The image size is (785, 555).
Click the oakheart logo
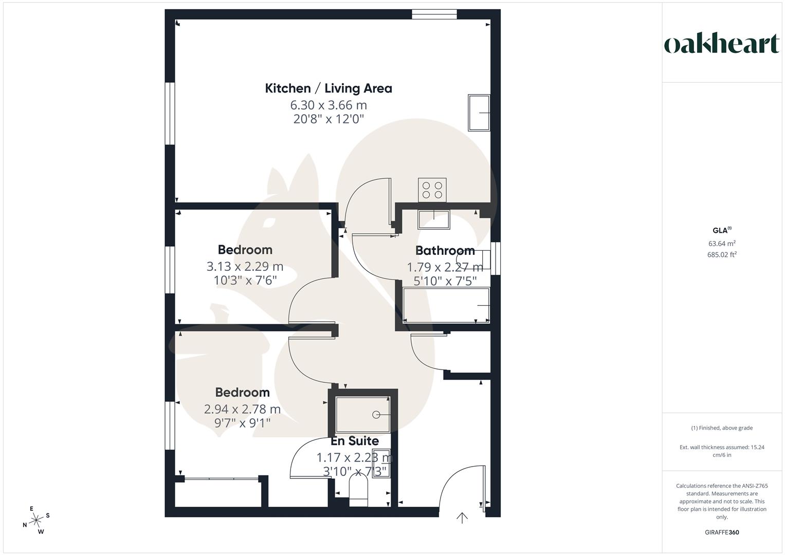tap(722, 44)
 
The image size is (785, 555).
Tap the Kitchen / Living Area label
tap(328, 88)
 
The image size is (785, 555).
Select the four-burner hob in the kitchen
tap(432, 189)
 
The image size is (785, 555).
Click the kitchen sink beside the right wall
tap(479, 113)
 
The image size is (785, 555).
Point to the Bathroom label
tap(445, 251)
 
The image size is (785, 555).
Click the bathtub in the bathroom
tap(446, 305)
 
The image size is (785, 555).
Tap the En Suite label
tap(355, 441)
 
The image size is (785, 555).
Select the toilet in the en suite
tap(359, 490)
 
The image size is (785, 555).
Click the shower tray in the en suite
tap(363, 414)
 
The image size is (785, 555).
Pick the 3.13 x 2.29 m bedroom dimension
tap(245, 267)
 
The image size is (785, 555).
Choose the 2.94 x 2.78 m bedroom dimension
tap(242, 409)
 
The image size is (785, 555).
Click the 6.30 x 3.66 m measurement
tap(328, 105)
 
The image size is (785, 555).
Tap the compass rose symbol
tap(36, 521)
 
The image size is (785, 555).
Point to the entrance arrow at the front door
tap(462, 517)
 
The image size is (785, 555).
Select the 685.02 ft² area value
tap(722, 254)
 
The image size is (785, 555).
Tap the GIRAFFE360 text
tap(722, 532)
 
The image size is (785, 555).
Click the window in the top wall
tap(434, 14)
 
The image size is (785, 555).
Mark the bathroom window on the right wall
tap(495, 258)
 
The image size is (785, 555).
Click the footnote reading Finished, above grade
tap(722, 428)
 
